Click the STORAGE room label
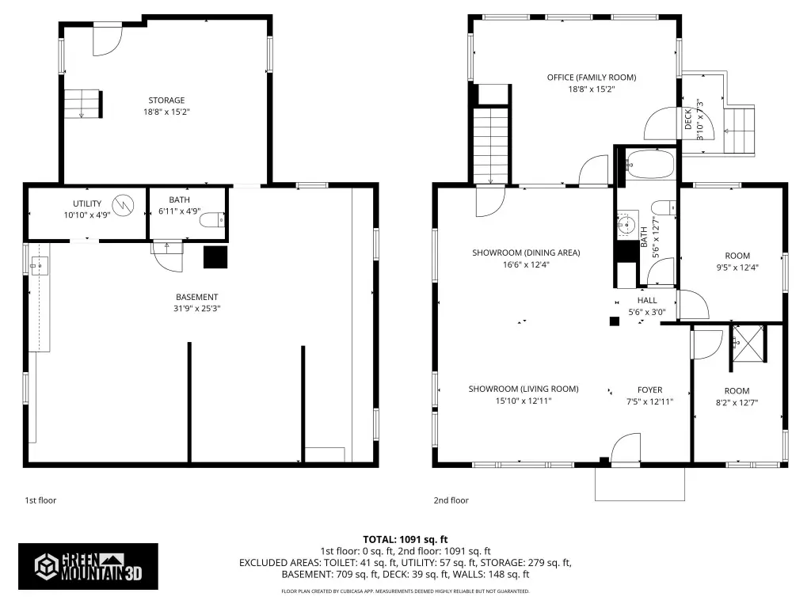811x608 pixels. (166, 101)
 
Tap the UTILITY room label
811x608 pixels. (87, 203)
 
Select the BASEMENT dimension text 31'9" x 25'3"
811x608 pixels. (197, 309)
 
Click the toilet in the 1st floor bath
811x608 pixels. (212, 220)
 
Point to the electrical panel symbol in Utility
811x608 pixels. (123, 205)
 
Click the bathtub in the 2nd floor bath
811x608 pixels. (649, 165)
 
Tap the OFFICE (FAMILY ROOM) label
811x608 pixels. (592, 78)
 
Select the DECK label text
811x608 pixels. (688, 119)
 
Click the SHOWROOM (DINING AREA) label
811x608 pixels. (526, 253)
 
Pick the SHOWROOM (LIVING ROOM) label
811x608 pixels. (524, 389)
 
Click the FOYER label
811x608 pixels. (649, 389)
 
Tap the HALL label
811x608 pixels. (647, 300)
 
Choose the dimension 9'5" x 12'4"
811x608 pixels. (737, 268)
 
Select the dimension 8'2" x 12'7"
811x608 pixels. (737, 403)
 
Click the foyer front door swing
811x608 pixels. (626, 448)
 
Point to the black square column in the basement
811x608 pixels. (215, 257)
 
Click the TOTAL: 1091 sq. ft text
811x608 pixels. (405, 540)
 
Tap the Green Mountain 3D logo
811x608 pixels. (88, 566)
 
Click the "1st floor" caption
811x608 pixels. (40, 500)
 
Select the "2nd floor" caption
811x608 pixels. (451, 500)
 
